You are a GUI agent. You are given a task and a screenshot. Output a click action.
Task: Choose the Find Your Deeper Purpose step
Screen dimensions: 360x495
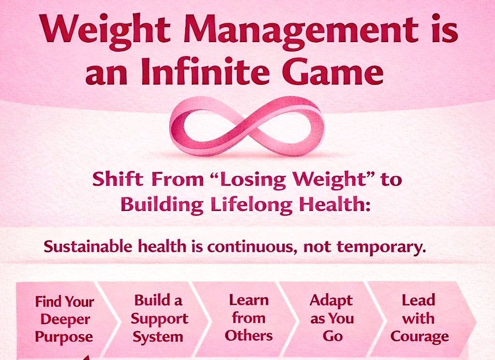click(64, 319)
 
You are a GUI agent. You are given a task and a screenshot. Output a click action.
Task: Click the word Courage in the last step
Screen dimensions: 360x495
click(419, 336)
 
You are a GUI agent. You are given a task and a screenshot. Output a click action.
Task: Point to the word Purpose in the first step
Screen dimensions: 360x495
click(64, 337)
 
